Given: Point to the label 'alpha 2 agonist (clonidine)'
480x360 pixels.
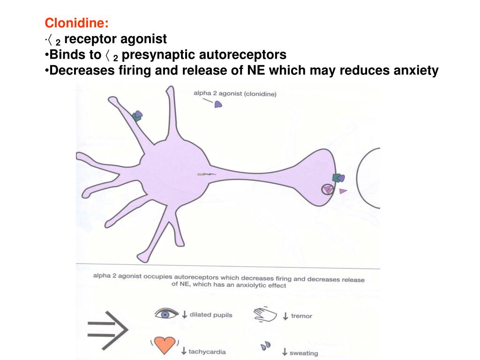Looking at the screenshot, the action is pos(235,94).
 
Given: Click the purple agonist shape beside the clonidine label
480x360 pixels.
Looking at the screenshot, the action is pos(218,105).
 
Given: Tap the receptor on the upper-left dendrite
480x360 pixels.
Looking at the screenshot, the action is pos(137,116).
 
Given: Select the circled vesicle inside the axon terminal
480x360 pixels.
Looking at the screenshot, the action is pos(327,189).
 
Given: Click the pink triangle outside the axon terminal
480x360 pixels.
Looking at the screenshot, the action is pos(343,191).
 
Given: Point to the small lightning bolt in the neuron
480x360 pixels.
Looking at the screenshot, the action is pos(205,175).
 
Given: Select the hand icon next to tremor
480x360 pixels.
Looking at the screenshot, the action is pos(265,314).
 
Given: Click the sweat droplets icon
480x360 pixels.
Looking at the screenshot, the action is pos(266,346).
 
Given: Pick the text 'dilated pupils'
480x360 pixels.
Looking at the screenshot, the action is pos(210,315).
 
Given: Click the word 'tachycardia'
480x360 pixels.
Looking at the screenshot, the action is pos(207,352).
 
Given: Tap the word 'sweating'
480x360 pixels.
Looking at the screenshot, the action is pos(304,353).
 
